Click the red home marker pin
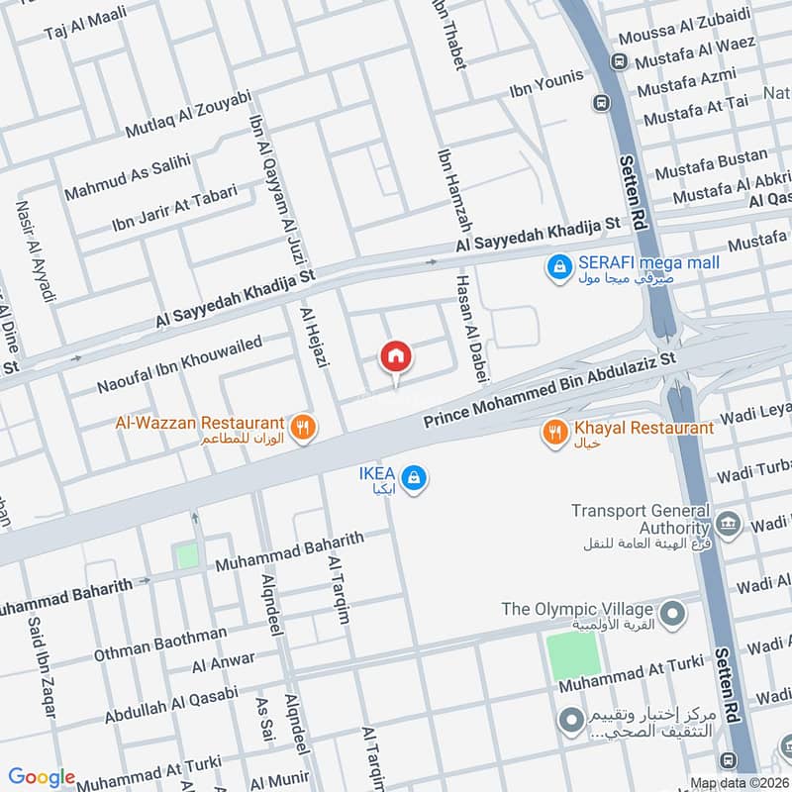point(395,357)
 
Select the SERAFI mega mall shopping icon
point(559,265)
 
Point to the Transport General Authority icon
point(728,524)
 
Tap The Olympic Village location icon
point(673,615)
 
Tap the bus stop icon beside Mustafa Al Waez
point(619,60)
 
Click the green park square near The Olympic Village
point(574,654)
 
